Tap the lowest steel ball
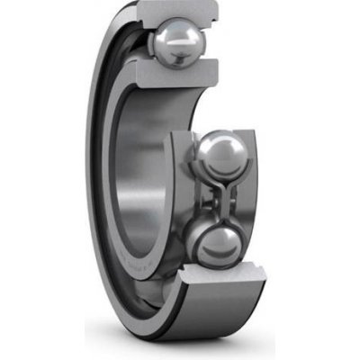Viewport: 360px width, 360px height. (217, 244)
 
